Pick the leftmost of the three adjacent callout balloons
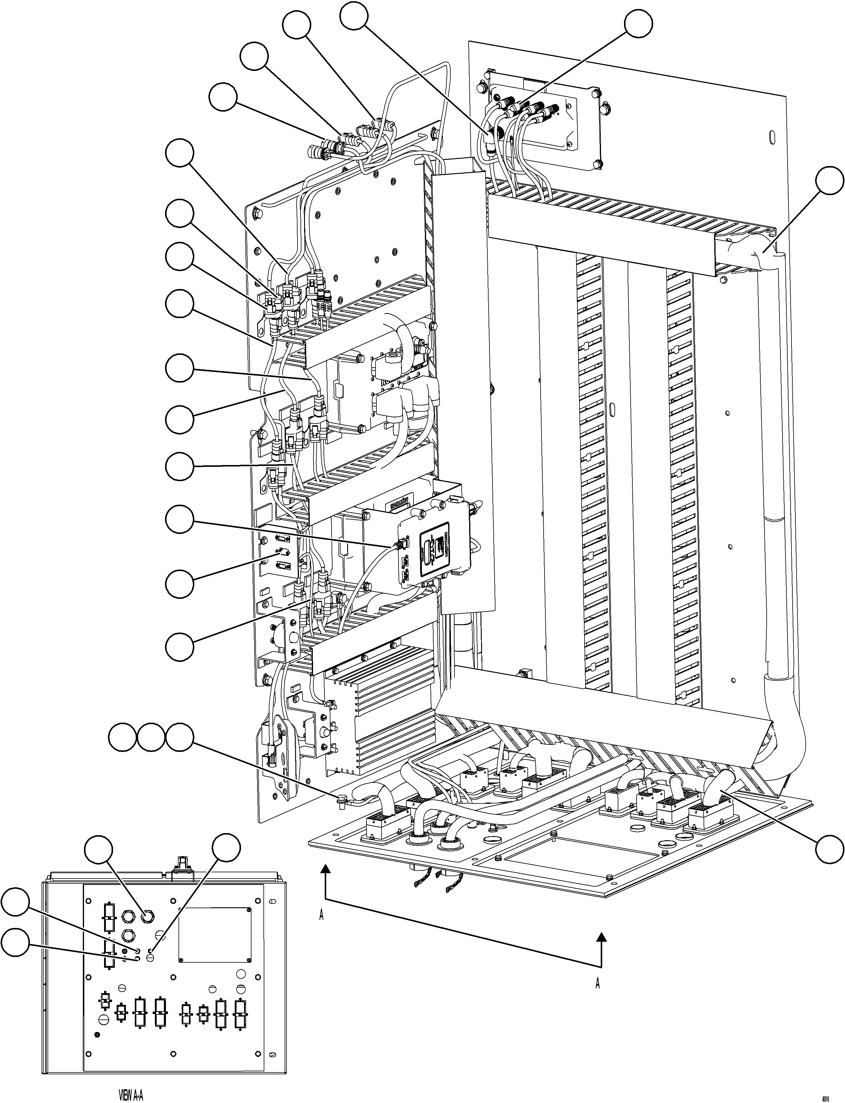click(x=123, y=738)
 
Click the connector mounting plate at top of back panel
click(x=543, y=121)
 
